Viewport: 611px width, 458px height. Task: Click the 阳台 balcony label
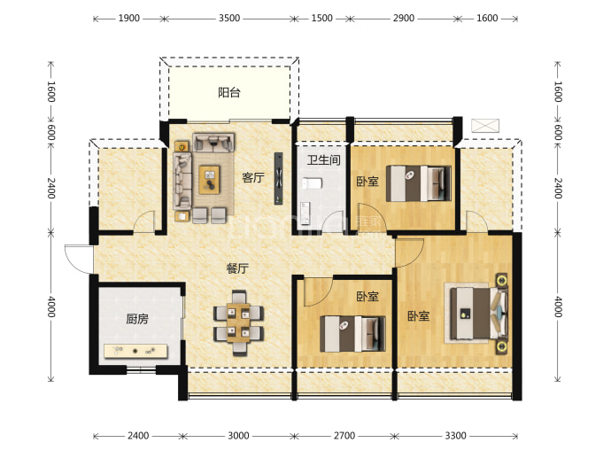[x=229, y=93]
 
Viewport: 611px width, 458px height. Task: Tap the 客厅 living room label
[x=253, y=178]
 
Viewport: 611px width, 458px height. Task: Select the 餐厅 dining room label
[x=237, y=268]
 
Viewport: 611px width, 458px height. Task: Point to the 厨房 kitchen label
[x=137, y=319]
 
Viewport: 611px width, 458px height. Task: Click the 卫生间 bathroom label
[x=323, y=159]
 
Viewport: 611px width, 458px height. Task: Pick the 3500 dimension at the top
[x=229, y=19]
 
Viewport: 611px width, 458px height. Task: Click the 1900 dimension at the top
[x=129, y=19]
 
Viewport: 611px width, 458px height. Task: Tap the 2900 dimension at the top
[x=403, y=19]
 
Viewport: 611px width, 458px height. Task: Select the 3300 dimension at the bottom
[x=455, y=435]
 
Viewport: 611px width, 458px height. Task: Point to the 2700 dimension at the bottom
[x=344, y=435]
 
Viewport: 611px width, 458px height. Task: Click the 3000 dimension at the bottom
[x=238, y=435]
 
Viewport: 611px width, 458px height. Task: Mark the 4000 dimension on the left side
[x=51, y=307]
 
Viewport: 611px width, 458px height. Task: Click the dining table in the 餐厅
[x=238, y=322]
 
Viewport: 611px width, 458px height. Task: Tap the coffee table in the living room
[x=209, y=180]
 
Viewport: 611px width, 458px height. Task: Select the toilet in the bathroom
[x=312, y=183]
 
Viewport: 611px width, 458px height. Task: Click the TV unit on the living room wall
[x=279, y=178]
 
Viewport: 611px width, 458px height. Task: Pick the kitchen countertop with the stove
[x=135, y=351]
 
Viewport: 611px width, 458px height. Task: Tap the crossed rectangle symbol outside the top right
[x=485, y=126]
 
